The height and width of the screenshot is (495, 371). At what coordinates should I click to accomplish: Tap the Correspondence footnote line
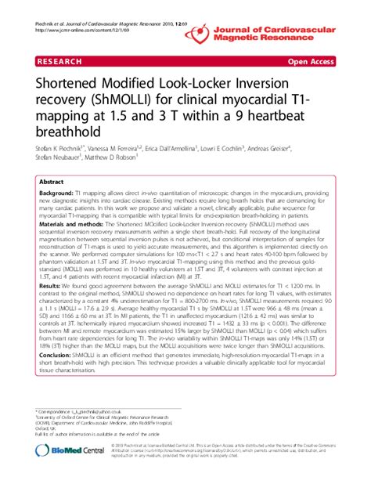[x=79, y=411]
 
